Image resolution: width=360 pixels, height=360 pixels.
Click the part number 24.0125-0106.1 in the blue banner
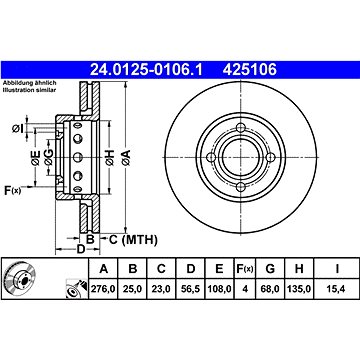coord(146,70)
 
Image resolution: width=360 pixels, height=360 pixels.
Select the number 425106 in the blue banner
coord(250,70)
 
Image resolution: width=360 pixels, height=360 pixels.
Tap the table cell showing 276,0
coord(103,289)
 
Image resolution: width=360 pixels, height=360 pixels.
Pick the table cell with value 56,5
coord(191,289)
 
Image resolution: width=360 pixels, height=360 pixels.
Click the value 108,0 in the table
coord(219,289)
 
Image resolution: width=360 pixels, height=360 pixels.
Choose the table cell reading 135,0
coord(299,289)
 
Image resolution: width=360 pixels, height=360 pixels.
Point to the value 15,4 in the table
coord(336,289)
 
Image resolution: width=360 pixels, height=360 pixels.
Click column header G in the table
coord(270,268)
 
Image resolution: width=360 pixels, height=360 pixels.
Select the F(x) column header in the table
coord(245,268)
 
